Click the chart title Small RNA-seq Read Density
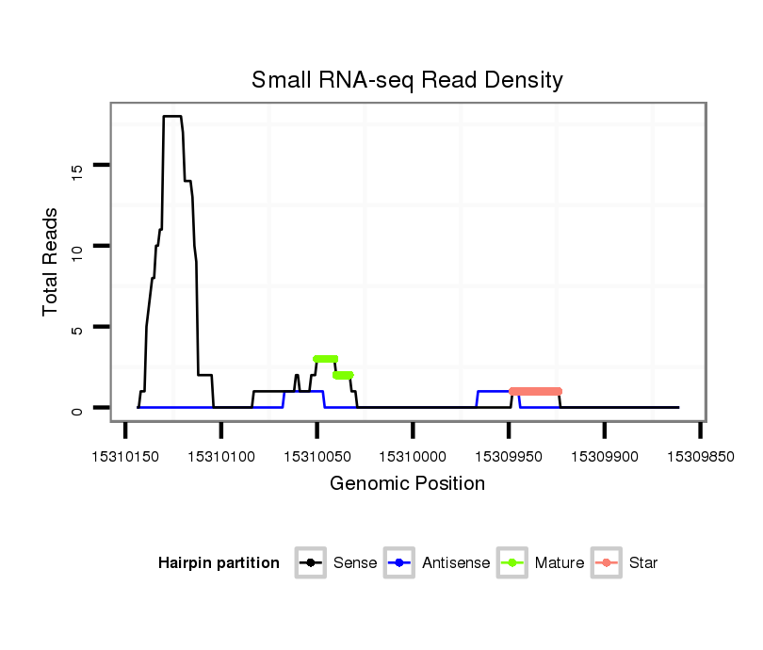pyautogui.click(x=407, y=80)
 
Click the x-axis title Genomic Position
pyautogui.click(x=407, y=484)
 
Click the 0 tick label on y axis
pyautogui.click(x=77, y=409)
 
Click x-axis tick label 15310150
pyautogui.click(x=125, y=456)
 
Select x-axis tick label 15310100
pyautogui.click(x=221, y=456)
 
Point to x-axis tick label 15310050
pyautogui.click(x=317, y=456)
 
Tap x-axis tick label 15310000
pyautogui.click(x=413, y=456)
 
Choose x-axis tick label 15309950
pyautogui.click(x=509, y=456)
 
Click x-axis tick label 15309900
pyautogui.click(x=604, y=456)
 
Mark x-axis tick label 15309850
pyautogui.click(x=700, y=456)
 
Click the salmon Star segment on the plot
pyautogui.click(x=535, y=391)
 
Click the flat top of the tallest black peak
pyautogui.click(x=171, y=116)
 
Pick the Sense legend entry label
pyautogui.click(x=355, y=563)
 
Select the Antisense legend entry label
pyautogui.click(x=457, y=563)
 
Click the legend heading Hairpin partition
pyautogui.click(x=219, y=563)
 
